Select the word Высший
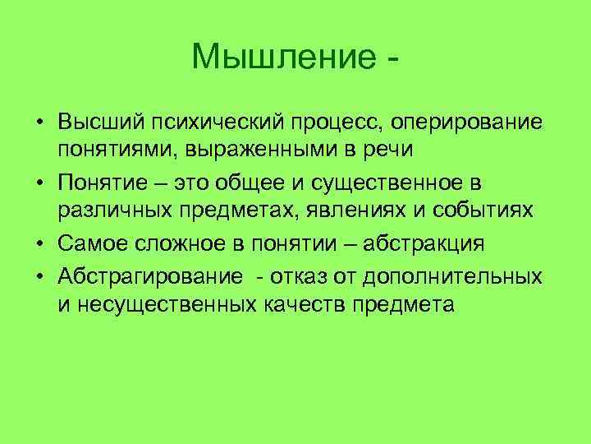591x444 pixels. coord(96,122)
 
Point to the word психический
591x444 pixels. coord(207,122)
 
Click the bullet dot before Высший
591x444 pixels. coord(39,123)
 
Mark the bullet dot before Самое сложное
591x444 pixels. coord(39,245)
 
